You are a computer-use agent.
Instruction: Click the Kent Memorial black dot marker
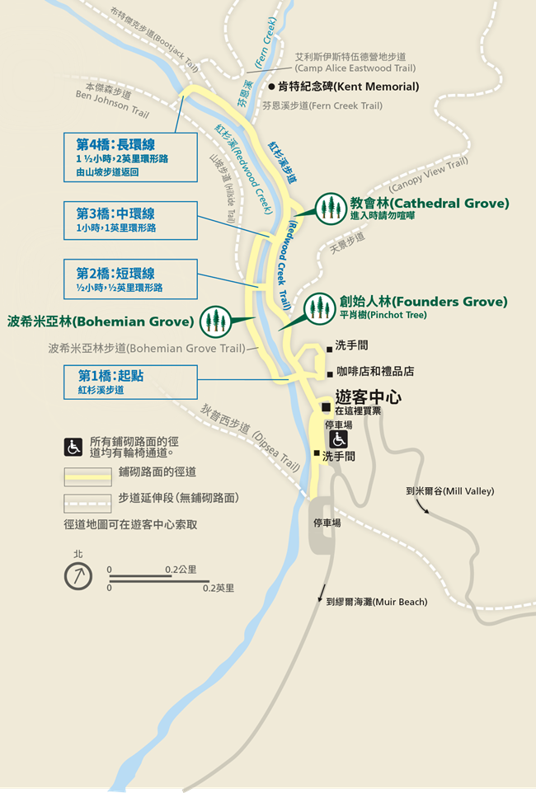[x=271, y=86]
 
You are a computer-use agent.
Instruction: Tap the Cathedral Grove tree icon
[x=331, y=206]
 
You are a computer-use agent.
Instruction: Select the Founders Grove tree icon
[x=319, y=307]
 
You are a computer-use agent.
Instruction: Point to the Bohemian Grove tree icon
[x=216, y=320]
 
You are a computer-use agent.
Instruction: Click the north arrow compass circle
[x=78, y=576]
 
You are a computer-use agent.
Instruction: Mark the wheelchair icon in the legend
[x=73, y=447]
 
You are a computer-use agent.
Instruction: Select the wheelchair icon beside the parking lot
[x=338, y=439]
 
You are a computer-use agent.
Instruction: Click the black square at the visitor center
[x=327, y=407]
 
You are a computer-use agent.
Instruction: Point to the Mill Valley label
[x=450, y=491]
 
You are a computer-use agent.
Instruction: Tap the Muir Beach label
[x=377, y=602]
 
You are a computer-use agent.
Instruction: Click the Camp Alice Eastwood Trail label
[x=355, y=63]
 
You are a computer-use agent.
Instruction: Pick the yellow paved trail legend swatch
[x=87, y=474]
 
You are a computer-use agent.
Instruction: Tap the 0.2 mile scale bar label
[x=219, y=589]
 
